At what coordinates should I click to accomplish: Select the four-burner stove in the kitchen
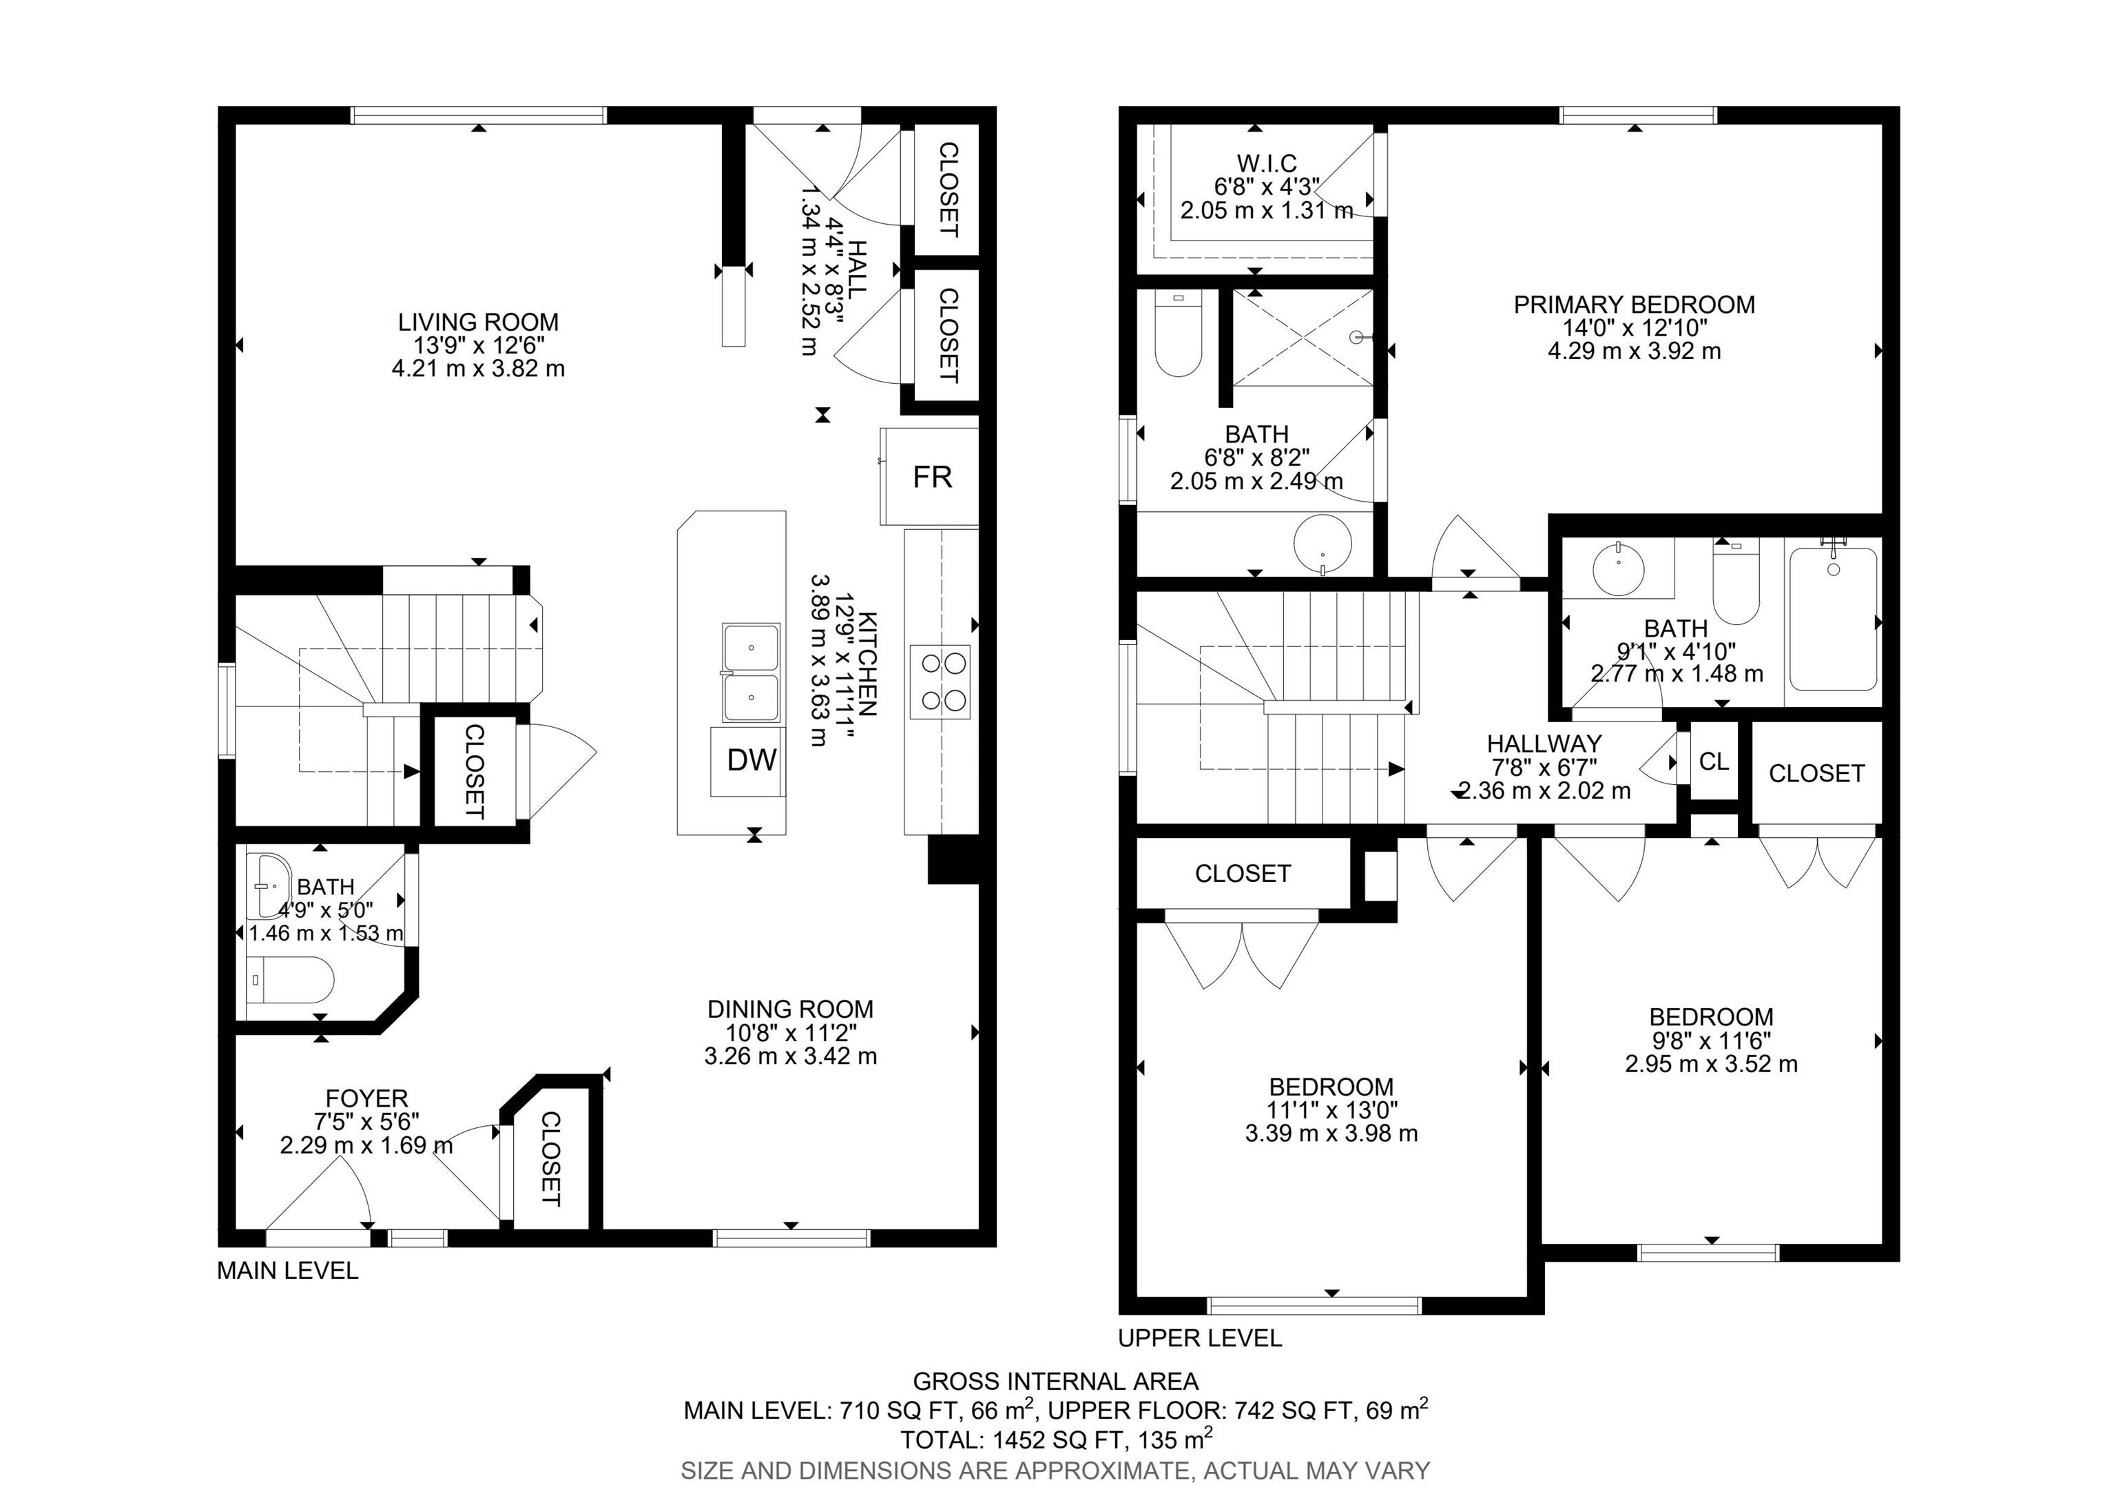click(940, 682)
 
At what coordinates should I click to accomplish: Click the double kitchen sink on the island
click(750, 672)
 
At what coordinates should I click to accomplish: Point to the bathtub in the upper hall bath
click(1833, 619)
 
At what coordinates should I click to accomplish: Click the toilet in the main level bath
click(291, 980)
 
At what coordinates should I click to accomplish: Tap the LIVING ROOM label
click(478, 322)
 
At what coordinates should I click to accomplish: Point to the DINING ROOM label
click(790, 1010)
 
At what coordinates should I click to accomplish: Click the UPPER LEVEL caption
click(1200, 1338)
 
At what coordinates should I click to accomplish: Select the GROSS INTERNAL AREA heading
click(1056, 1381)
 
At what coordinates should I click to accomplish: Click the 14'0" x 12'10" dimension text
click(1634, 328)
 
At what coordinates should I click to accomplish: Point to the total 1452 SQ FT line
click(1056, 1439)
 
